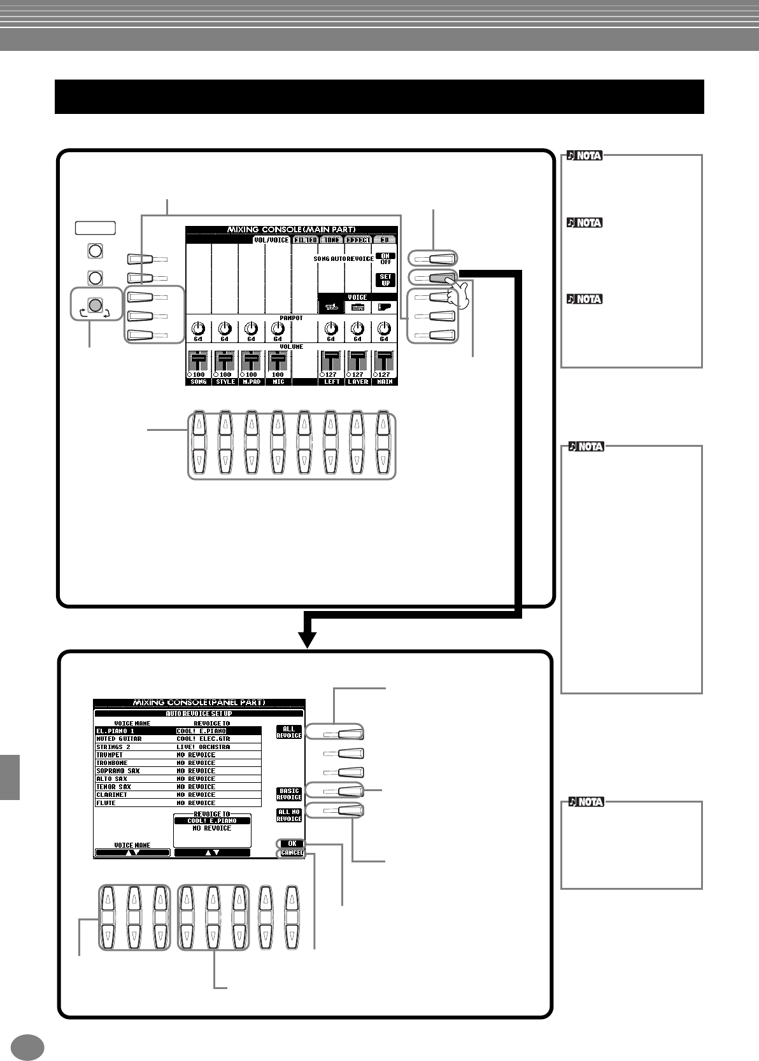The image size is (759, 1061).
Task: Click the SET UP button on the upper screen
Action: click(386, 279)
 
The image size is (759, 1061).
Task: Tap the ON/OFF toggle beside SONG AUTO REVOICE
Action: click(386, 258)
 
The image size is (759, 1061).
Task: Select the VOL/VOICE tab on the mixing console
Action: click(276, 241)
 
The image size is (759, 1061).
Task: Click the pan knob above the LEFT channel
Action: click(330, 328)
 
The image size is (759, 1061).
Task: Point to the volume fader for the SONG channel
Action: click(199, 362)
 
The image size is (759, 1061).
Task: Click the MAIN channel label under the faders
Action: click(384, 382)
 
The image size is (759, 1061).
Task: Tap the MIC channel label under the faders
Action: click(278, 382)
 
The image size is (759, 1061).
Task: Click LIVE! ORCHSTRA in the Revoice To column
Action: click(204, 747)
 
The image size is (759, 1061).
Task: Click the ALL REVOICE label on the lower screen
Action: click(288, 732)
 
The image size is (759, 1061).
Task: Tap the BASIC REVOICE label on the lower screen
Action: click(288, 794)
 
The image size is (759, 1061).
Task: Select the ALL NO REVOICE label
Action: click(288, 815)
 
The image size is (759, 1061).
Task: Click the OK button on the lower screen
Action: click(291, 844)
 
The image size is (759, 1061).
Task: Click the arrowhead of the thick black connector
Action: click(308, 640)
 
